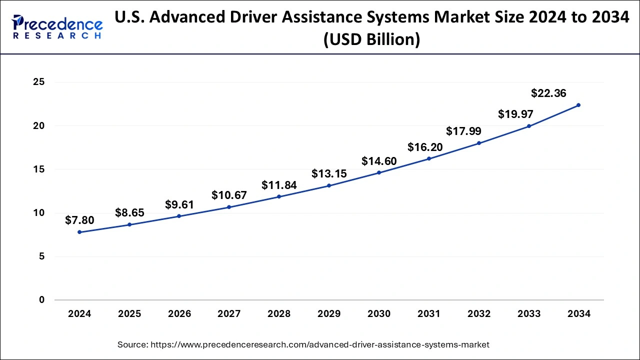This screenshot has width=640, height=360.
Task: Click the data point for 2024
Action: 79,232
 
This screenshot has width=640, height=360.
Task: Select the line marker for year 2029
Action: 329,185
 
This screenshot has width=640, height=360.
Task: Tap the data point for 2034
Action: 578,105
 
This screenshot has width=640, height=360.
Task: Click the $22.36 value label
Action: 548,93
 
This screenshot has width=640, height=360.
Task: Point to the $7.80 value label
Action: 79,220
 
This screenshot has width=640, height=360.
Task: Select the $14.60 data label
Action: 379,161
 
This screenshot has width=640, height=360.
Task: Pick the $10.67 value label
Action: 229,195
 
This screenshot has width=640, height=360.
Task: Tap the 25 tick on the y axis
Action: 39,82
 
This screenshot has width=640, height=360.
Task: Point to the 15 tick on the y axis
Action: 39,169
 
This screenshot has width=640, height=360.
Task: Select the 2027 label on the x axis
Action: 229,314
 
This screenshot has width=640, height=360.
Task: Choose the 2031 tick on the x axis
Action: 429,314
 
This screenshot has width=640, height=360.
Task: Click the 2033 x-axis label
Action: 529,314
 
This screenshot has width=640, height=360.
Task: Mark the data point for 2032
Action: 479,143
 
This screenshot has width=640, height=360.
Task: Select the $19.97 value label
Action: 515,114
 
